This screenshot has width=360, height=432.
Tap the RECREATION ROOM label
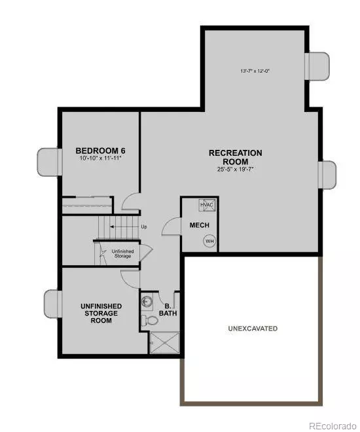click(235, 157)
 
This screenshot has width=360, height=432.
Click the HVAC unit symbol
click(207, 206)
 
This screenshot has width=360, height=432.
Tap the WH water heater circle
click(209, 241)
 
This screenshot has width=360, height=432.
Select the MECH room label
click(199, 225)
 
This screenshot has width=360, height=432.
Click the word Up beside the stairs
click(143, 226)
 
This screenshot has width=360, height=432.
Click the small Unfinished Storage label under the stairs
click(121, 253)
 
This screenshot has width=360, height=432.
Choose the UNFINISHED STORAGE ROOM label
click(99, 313)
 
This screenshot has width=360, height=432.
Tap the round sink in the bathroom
click(148, 302)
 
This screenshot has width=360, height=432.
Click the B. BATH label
click(168, 309)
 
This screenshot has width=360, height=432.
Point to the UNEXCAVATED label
click(253, 327)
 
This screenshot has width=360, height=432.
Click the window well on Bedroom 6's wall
click(48, 160)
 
